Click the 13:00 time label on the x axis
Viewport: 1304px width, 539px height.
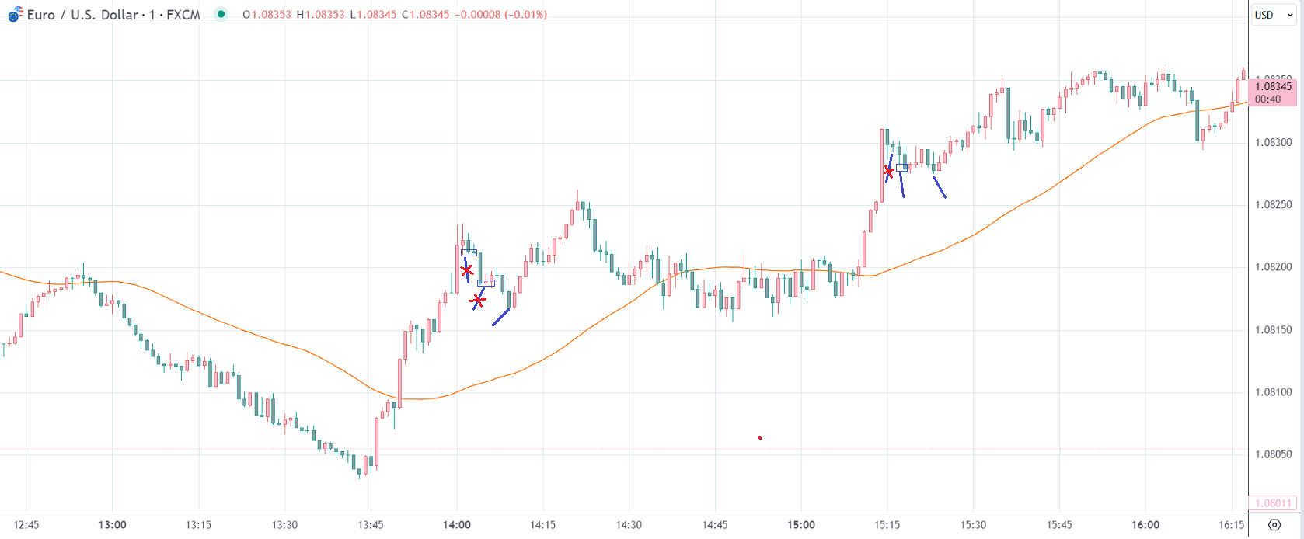point(113,525)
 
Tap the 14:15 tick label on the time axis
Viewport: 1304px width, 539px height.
point(542,525)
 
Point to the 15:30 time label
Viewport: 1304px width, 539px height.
point(973,525)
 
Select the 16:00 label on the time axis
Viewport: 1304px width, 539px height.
point(1145,525)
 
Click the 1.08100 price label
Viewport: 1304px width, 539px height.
point(1273,392)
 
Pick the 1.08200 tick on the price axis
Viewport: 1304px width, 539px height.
point(1273,267)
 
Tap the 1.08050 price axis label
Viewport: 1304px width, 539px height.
point(1273,454)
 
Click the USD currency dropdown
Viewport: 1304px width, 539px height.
point(1273,15)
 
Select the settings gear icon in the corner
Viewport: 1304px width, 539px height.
point(1274,525)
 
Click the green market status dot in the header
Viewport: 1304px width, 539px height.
point(221,14)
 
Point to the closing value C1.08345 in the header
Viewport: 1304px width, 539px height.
point(425,15)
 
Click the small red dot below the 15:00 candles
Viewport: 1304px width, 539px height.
point(760,438)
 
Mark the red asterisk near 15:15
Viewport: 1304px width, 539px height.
point(888,171)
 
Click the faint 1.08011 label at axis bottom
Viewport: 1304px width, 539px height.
point(1273,503)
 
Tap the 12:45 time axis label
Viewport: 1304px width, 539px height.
point(26,525)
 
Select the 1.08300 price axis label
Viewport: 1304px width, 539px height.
point(1273,142)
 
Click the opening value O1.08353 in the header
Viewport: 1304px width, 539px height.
point(267,15)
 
